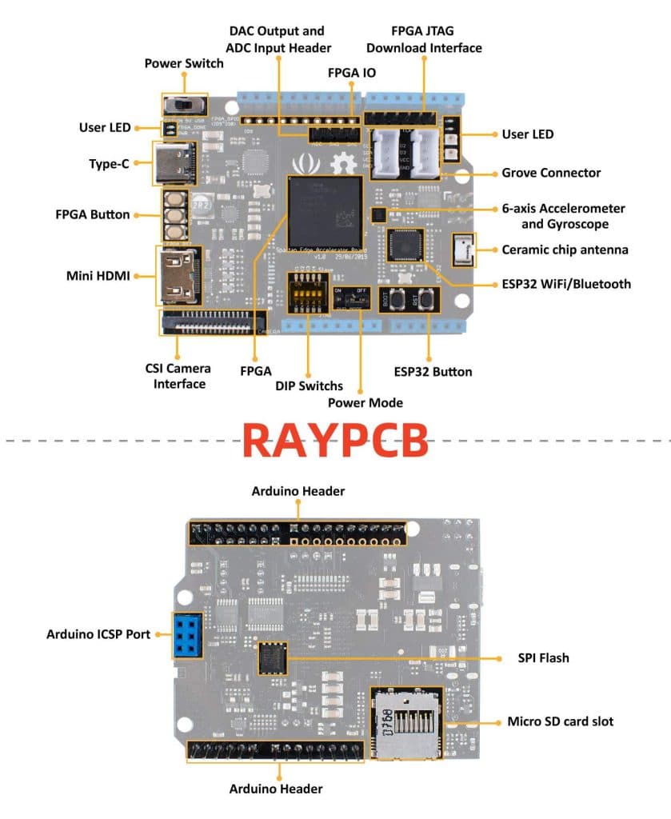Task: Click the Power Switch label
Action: click(184, 63)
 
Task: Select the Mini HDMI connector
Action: click(178, 275)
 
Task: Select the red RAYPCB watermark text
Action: click(335, 439)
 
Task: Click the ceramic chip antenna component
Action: click(462, 250)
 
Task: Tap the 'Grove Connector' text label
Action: click(551, 173)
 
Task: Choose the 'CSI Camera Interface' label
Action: click(178, 376)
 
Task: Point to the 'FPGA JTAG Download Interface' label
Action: click(424, 39)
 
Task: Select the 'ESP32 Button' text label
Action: click(433, 371)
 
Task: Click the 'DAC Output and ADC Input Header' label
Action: click(277, 39)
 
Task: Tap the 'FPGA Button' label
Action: click(93, 214)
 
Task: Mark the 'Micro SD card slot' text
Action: click(560, 721)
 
